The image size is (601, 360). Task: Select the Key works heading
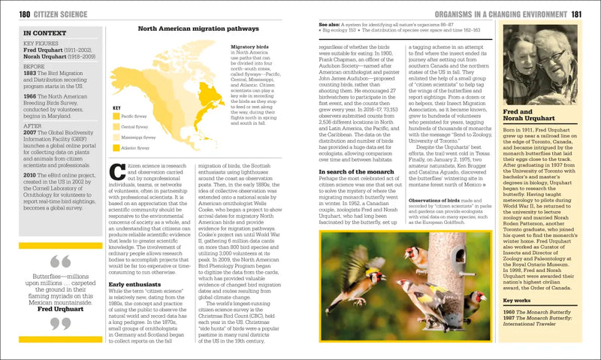[x=518, y=301]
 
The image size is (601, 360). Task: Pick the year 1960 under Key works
[x=509, y=311]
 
